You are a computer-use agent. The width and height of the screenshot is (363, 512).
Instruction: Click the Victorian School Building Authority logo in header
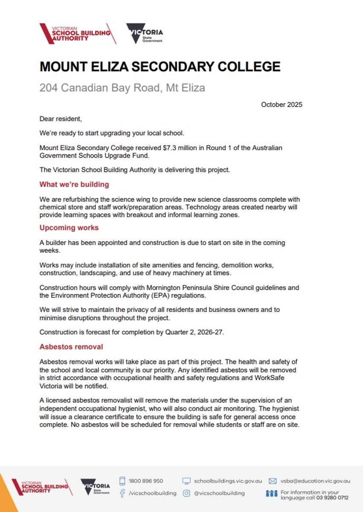pyautogui.click(x=77, y=33)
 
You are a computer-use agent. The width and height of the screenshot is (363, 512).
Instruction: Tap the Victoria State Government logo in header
pyautogui.click(x=144, y=33)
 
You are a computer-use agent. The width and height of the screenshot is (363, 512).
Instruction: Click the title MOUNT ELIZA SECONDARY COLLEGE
pyautogui.click(x=160, y=67)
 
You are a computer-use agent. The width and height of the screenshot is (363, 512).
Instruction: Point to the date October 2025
pyautogui.click(x=281, y=105)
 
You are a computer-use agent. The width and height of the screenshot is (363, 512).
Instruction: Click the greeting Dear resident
pyautogui.click(x=60, y=119)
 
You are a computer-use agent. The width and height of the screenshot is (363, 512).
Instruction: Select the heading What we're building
pyautogui.click(x=74, y=184)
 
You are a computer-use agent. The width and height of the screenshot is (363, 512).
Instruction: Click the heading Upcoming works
pyautogui.click(x=69, y=227)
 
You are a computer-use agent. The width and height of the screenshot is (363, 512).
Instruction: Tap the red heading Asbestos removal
pyautogui.click(x=71, y=346)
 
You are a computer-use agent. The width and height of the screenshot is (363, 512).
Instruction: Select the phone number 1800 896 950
pyautogui.click(x=146, y=481)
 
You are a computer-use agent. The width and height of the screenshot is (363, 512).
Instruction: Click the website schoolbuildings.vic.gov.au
pyautogui.click(x=228, y=481)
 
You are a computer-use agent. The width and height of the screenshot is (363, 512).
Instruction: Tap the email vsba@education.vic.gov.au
pyautogui.click(x=315, y=481)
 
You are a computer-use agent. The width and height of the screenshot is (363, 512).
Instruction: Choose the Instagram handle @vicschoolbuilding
pyautogui.click(x=220, y=493)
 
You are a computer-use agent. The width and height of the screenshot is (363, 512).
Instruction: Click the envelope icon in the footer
pyautogui.click(x=272, y=481)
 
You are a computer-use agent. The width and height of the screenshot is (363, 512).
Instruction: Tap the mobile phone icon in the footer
pyautogui.click(x=122, y=481)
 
